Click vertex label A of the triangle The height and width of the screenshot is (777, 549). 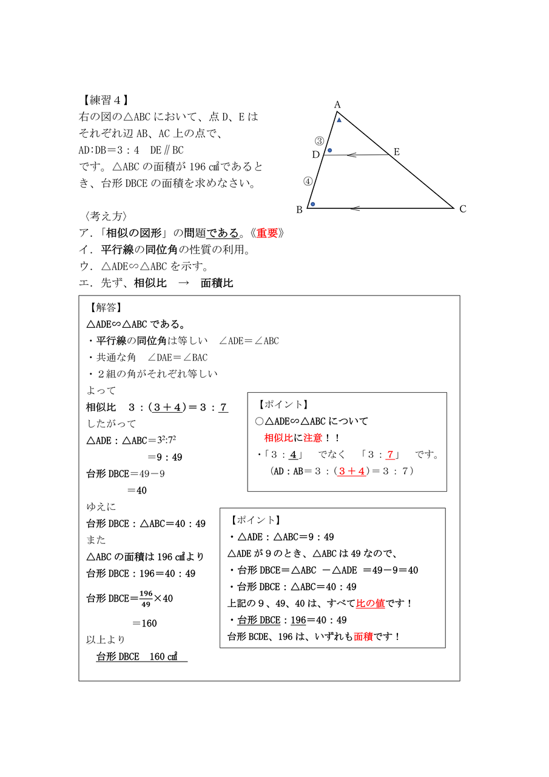[338, 105]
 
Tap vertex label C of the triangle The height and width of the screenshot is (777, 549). [463, 209]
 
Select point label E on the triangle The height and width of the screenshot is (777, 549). [397, 152]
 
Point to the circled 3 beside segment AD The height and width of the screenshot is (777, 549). [319, 141]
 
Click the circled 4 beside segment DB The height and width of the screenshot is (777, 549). [308, 181]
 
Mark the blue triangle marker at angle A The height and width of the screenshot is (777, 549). [339, 120]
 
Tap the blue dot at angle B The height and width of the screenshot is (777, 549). [312, 204]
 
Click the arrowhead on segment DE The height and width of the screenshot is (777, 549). [350, 155]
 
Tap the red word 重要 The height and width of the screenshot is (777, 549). [267, 233]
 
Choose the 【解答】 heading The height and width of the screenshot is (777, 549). [106, 308]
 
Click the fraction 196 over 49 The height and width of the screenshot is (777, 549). [146, 598]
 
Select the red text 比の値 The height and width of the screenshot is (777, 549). [370, 603]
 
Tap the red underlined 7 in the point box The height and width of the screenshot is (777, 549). [390, 455]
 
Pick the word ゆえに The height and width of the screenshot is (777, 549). [101, 507]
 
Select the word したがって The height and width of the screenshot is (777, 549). [112, 424]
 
